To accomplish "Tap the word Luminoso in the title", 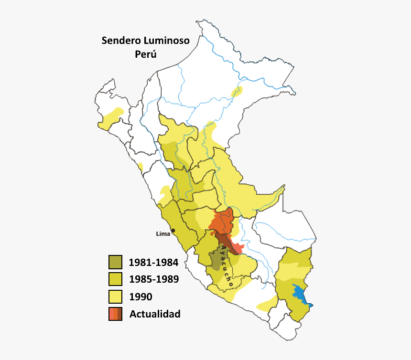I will [x=167, y=41].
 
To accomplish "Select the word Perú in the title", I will [x=146, y=54].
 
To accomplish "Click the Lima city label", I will [x=163, y=234].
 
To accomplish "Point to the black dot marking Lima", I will [x=173, y=231].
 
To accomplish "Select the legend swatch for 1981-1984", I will [x=115, y=262].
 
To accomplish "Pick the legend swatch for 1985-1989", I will [x=115, y=279].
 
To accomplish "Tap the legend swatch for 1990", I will [x=115, y=296].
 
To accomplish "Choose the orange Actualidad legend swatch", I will [x=115, y=314].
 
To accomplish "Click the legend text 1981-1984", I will [x=153, y=262].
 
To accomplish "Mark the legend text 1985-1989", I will [x=153, y=279].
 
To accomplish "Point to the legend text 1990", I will [x=141, y=297].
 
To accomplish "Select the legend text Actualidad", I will [x=155, y=314].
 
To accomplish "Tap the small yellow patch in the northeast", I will [x=237, y=91].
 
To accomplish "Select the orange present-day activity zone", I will [x=221, y=221].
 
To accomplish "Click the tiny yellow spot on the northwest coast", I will [x=141, y=167].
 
